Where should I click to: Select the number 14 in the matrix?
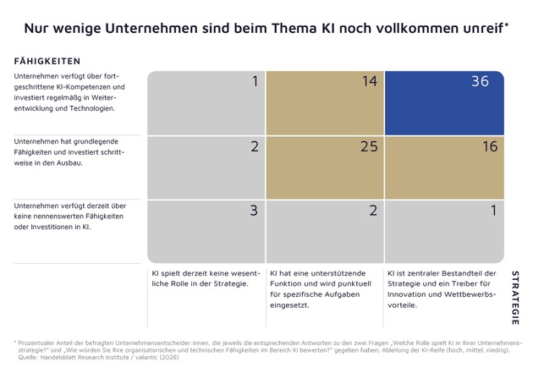[x=369, y=83]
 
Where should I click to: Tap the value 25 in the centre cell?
[x=369, y=147]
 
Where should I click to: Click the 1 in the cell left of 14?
[x=255, y=83]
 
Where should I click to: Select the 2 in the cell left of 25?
[x=254, y=147]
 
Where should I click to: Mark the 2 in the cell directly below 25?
[x=372, y=211]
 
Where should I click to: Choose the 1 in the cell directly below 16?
[x=493, y=211]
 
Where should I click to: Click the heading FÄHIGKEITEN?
[x=47, y=61]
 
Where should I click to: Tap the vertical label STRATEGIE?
[x=515, y=299]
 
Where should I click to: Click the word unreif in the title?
[x=478, y=28]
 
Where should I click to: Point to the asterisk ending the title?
[x=507, y=25]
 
